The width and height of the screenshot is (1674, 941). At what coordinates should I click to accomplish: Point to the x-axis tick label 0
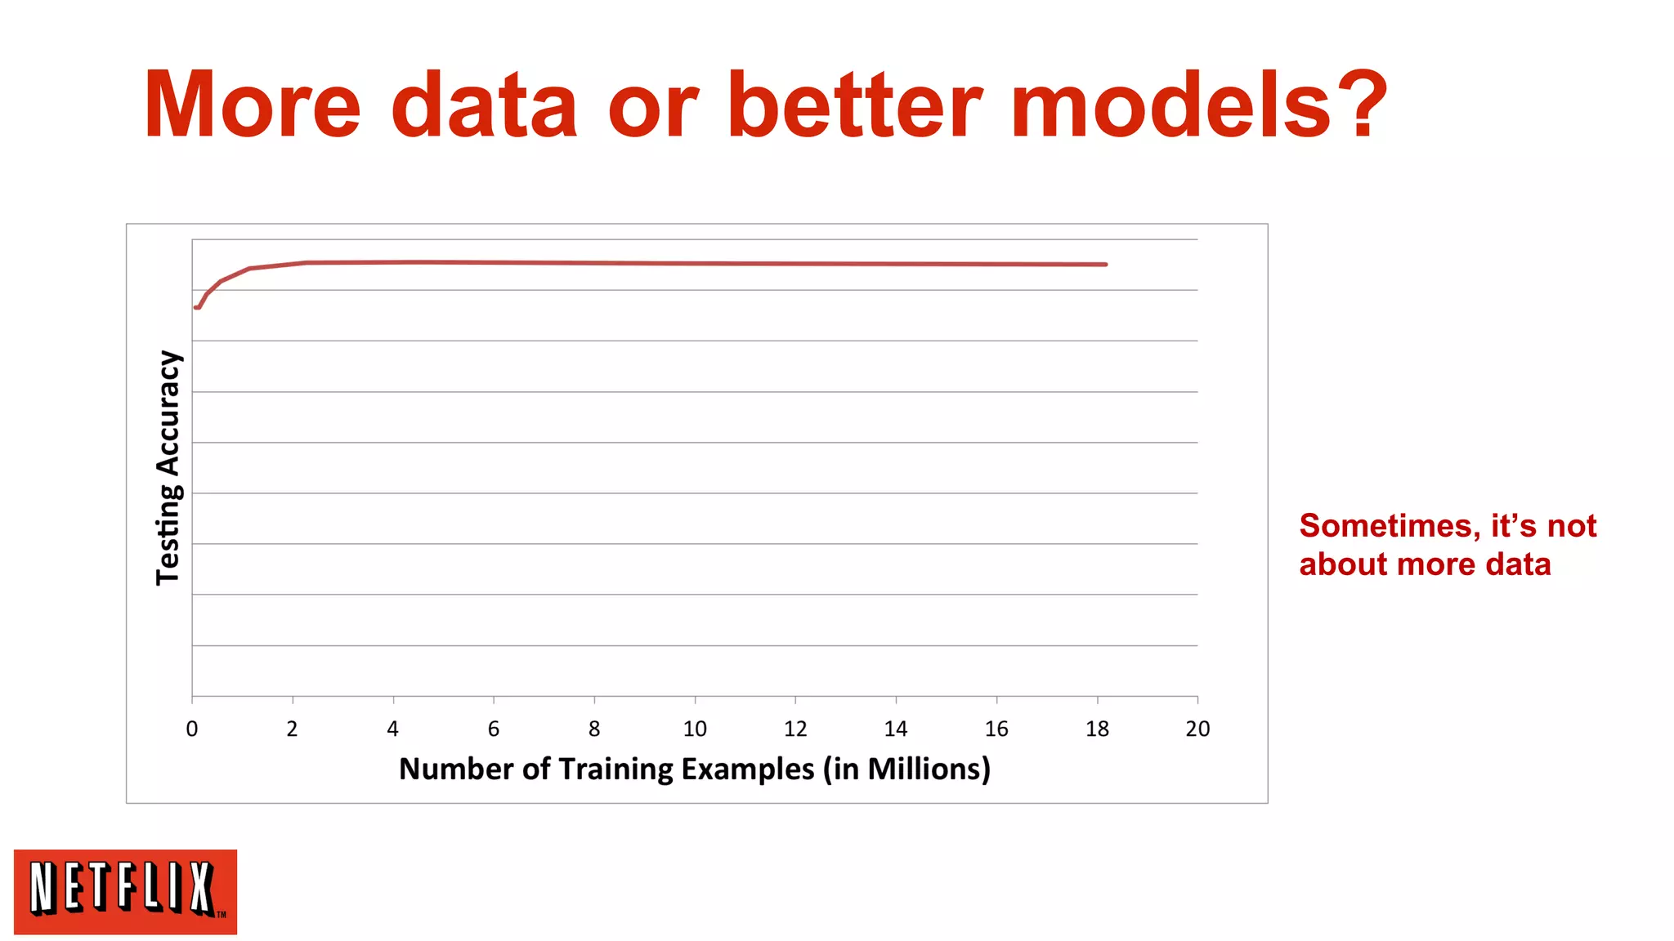point(192,729)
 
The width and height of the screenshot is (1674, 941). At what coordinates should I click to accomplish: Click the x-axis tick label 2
point(293,729)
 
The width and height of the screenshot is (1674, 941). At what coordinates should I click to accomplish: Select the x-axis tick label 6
point(494,729)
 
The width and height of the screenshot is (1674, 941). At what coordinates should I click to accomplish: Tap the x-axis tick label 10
point(695,729)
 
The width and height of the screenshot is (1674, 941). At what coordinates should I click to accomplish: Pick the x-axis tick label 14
point(896,729)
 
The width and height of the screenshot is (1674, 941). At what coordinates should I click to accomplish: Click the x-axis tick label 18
point(1097,729)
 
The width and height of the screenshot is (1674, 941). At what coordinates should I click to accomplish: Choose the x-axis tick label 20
point(1197,729)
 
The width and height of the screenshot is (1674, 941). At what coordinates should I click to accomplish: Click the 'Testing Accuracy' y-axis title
point(168,467)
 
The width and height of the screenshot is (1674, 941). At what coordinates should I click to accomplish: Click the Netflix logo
point(125,891)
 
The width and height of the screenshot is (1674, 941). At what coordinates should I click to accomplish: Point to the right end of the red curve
point(1105,265)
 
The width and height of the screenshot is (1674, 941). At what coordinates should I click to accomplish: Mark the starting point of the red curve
point(195,308)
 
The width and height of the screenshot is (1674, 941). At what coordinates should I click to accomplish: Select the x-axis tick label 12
point(795,729)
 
